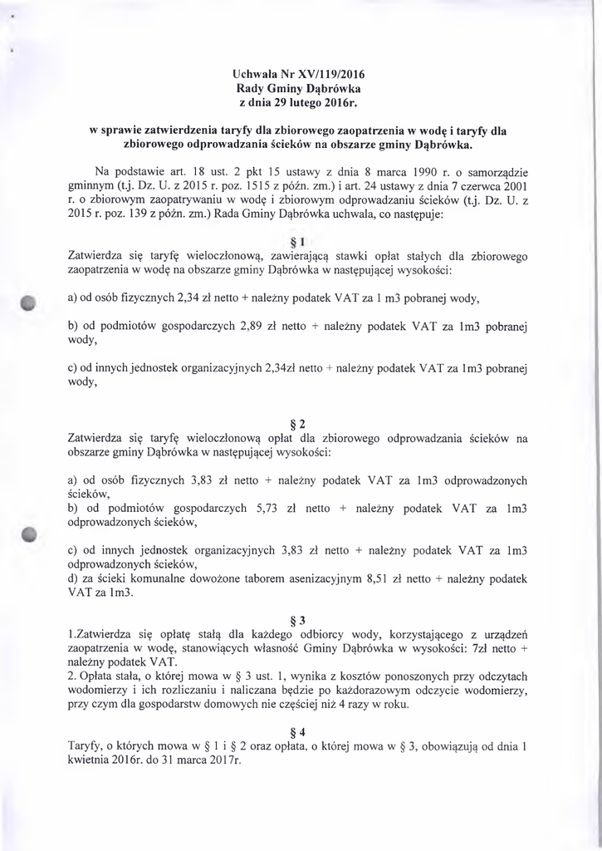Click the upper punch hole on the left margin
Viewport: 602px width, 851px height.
tap(30, 302)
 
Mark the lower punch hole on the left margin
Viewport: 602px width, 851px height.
tap(31, 534)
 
